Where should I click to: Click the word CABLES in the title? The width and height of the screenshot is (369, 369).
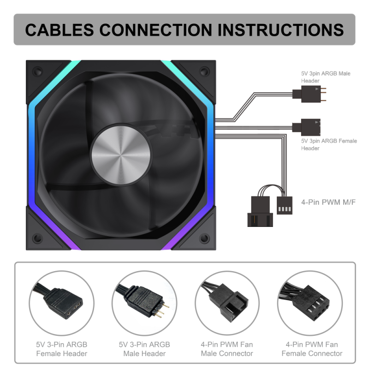point(60,30)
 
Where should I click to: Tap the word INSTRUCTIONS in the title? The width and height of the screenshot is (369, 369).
point(280,30)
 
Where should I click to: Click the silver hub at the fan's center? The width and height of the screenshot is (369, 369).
point(121,155)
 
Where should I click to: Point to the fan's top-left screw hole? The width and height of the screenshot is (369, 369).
point(38,71)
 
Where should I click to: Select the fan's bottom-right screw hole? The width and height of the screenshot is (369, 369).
point(204,238)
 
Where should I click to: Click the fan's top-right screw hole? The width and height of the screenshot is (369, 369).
point(204,71)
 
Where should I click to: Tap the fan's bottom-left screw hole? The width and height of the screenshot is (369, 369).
point(38,238)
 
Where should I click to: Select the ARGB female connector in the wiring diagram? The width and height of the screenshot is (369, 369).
point(306,127)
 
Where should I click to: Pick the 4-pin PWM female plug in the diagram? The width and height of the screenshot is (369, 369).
point(285,205)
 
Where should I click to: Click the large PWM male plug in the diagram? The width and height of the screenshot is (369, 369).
point(260,212)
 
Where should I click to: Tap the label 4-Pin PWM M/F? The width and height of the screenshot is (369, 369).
point(328,202)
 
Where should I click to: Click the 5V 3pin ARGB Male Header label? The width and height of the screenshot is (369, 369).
point(326,77)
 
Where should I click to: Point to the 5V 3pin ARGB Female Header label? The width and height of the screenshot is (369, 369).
point(329,144)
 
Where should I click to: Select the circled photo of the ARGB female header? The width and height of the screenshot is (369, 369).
point(62,303)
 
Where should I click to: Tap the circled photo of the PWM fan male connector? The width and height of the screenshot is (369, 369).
point(227,303)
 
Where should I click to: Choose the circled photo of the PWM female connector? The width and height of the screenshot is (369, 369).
point(310,303)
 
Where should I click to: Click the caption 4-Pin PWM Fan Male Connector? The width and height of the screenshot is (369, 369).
point(227,349)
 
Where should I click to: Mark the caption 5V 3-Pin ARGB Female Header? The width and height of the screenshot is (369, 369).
point(62,349)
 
